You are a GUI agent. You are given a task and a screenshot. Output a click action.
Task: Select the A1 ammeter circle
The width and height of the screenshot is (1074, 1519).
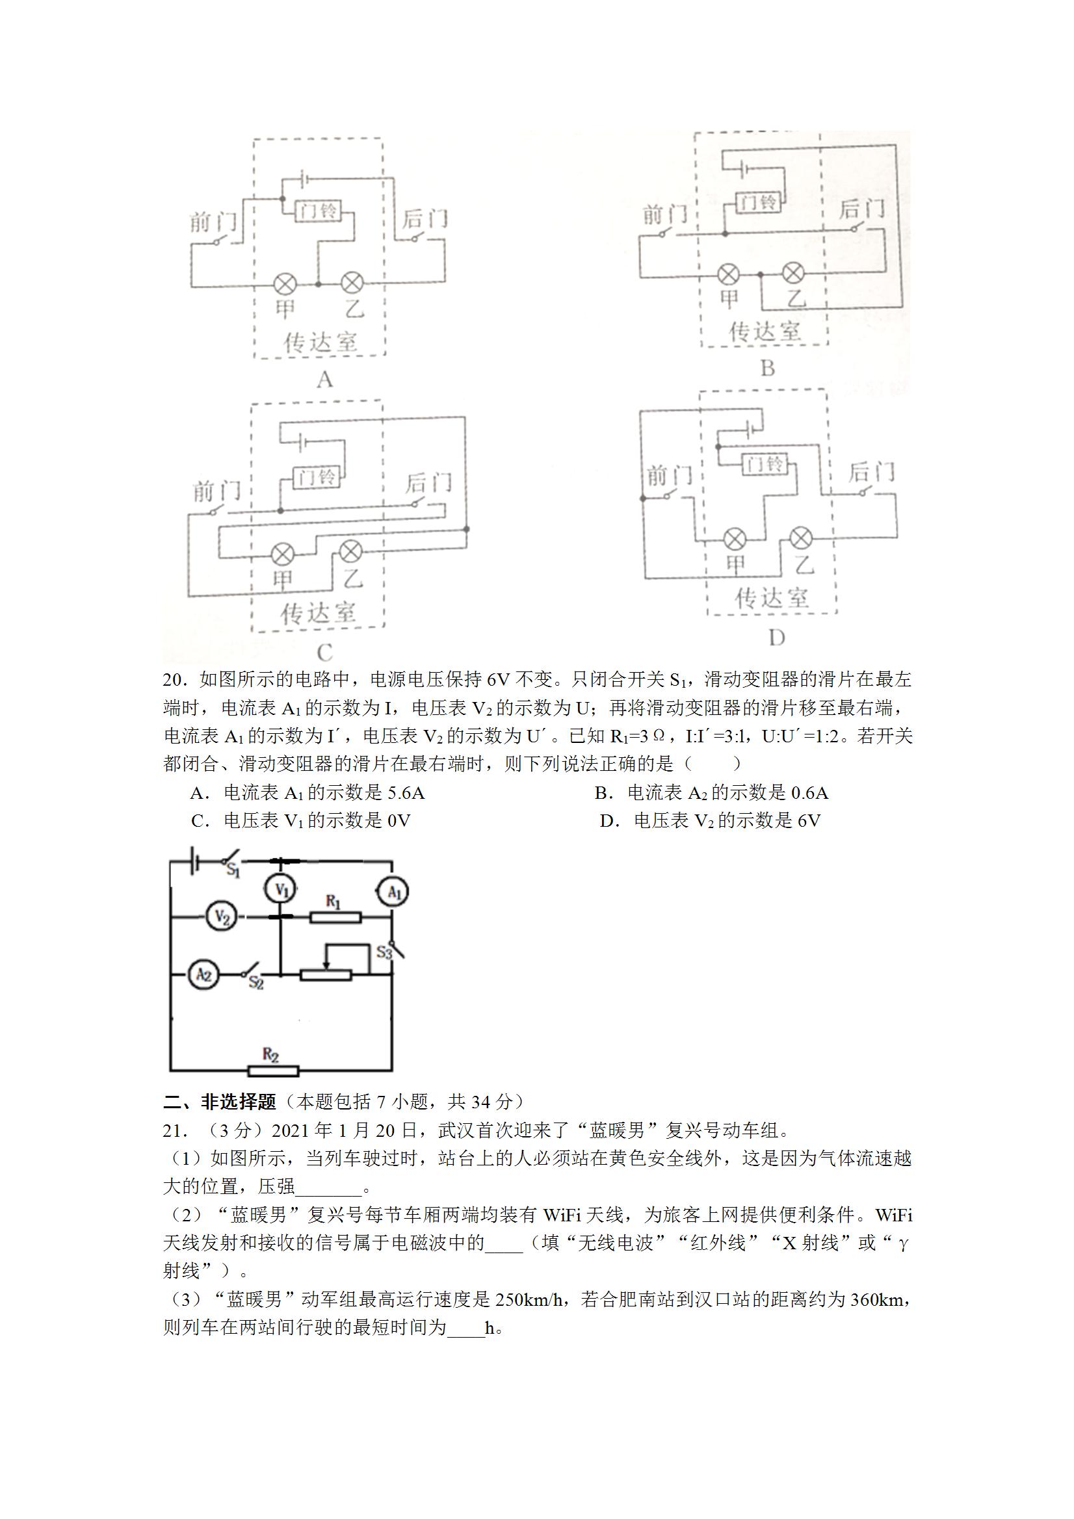(393, 892)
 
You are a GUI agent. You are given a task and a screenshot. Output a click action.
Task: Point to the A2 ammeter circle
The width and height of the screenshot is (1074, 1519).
(203, 975)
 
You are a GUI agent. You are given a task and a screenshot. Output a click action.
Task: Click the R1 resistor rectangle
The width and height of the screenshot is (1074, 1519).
(335, 917)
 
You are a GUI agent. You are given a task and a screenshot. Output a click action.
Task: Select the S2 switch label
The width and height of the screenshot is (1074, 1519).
(256, 984)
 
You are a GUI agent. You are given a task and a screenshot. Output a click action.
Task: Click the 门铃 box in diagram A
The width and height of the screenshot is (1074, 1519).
(317, 212)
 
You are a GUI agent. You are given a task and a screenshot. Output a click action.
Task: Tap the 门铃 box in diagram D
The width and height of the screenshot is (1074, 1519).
(765, 465)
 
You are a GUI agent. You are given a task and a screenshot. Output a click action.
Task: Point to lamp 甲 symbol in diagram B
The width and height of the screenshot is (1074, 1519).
(729, 273)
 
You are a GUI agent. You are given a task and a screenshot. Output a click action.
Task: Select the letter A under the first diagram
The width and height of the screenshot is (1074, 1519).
(324, 380)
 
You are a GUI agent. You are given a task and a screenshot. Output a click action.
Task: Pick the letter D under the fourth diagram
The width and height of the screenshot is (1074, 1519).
(776, 638)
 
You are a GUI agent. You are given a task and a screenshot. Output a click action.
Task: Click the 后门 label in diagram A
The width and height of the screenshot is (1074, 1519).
(424, 218)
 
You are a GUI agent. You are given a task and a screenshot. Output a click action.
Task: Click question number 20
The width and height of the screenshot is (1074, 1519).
(173, 679)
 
